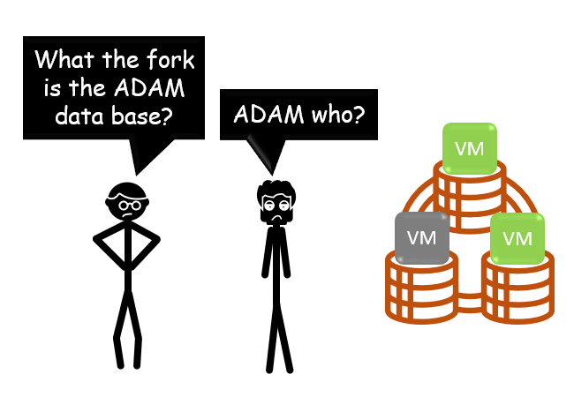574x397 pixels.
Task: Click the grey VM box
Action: (422, 238)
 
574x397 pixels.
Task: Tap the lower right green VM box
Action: (517, 238)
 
